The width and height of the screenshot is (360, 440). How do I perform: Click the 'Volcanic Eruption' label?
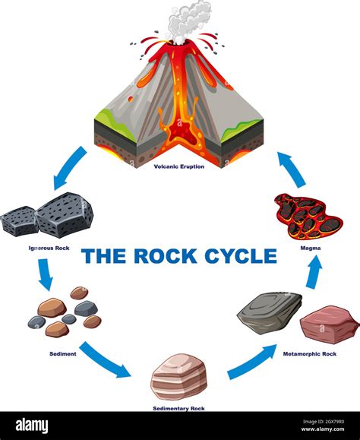coord(178,166)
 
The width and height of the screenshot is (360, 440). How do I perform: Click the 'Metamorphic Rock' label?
coord(310,354)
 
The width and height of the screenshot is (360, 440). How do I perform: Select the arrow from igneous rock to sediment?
coord(45,274)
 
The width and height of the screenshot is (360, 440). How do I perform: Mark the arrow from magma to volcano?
coord(291,169)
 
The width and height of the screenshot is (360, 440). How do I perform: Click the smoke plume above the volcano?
coord(188,20)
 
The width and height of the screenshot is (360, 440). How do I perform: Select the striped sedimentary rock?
coord(178,376)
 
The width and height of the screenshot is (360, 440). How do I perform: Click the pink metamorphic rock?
coord(328,324)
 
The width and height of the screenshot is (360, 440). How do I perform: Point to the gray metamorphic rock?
coord(270,312)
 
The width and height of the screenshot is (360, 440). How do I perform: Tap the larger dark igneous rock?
coord(65,214)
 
